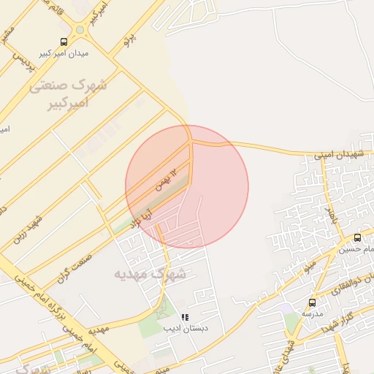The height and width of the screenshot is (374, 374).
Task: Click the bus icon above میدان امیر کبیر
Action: point(64,42)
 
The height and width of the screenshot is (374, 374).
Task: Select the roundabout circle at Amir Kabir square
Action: point(79,30)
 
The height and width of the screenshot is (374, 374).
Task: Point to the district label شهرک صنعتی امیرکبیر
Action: point(70,93)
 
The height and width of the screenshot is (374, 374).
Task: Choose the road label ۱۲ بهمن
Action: point(165,180)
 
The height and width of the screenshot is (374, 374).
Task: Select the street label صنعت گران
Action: point(74,266)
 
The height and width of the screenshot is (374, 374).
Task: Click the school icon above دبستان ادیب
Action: point(185,318)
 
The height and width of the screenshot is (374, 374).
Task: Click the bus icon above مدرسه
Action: point(312,302)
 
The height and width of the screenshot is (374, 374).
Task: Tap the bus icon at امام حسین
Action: point(357,237)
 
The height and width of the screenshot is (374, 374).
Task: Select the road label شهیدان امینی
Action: point(339,155)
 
